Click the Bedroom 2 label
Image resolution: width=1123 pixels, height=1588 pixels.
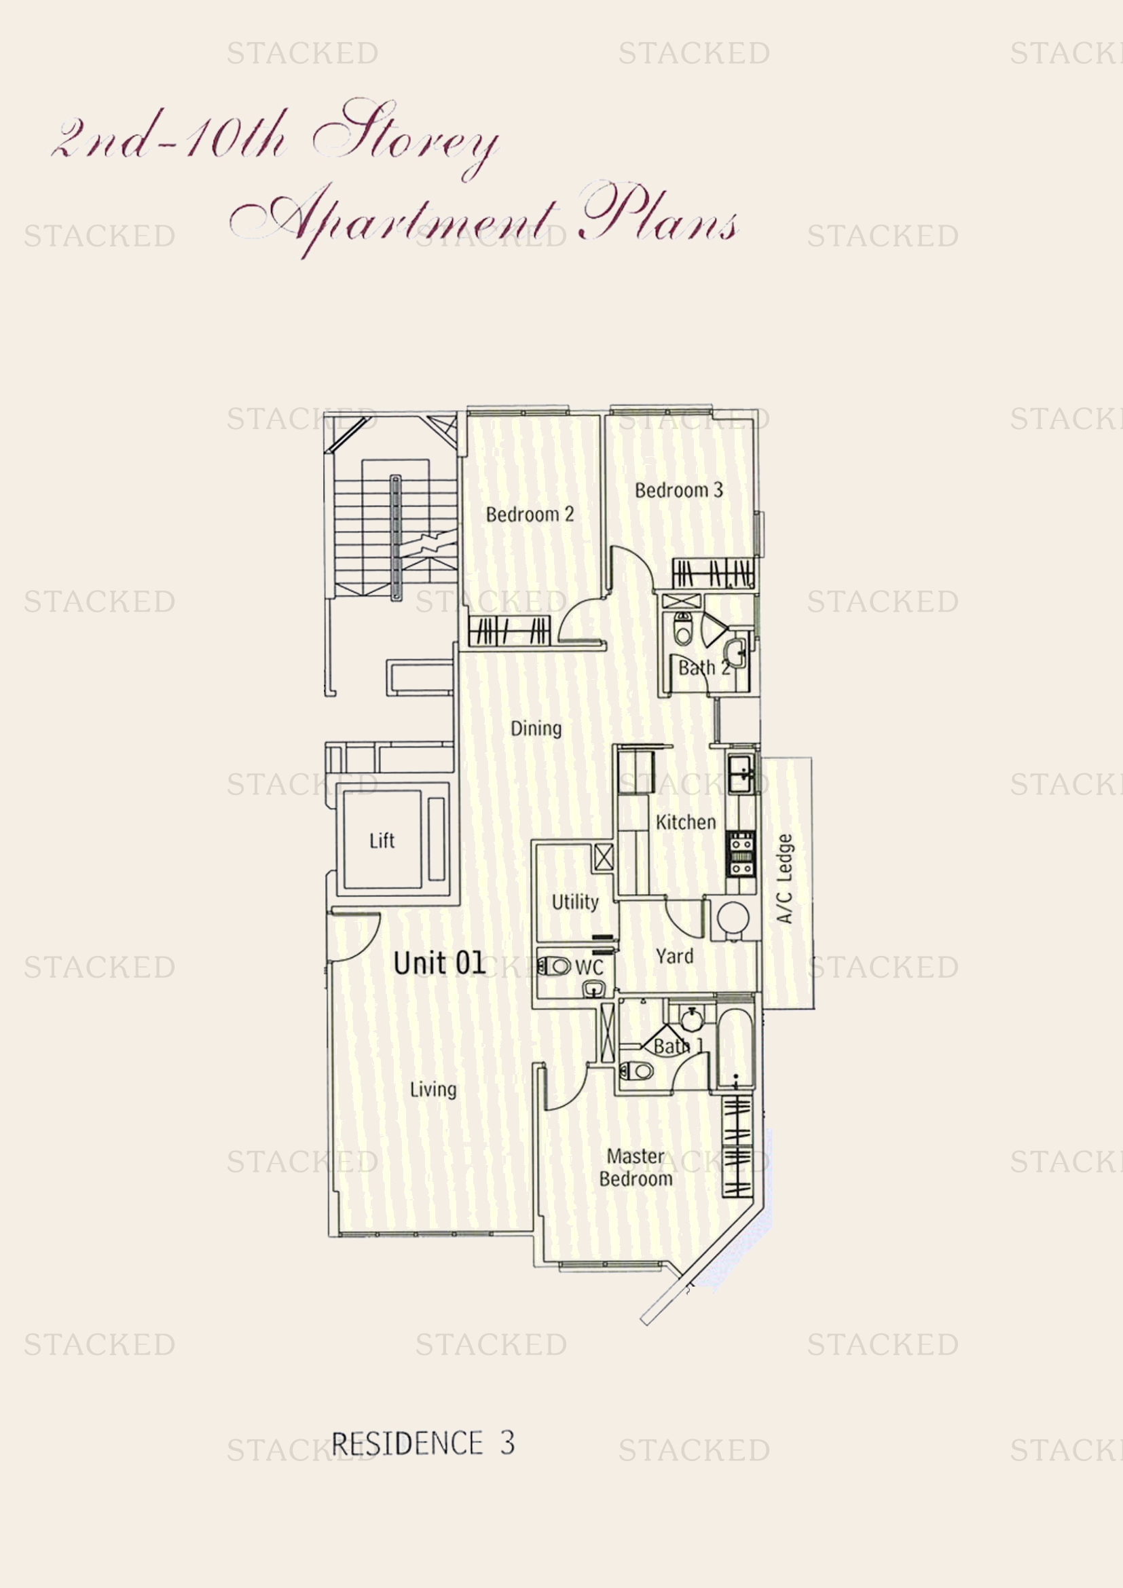click(x=530, y=515)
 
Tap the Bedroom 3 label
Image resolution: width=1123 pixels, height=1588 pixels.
click(x=678, y=490)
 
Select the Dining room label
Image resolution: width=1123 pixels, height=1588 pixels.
click(x=536, y=728)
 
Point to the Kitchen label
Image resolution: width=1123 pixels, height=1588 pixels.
click(x=685, y=822)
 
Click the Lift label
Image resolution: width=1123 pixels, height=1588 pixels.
click(x=382, y=841)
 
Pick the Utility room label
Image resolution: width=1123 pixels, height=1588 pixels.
click(x=574, y=902)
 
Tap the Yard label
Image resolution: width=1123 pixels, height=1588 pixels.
click(x=674, y=956)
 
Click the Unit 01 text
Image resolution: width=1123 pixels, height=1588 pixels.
click(x=439, y=963)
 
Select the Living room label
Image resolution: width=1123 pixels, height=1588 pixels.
click(x=433, y=1090)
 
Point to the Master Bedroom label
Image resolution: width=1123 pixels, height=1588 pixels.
click(x=636, y=1168)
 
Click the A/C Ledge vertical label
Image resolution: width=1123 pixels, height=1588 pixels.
click(x=785, y=879)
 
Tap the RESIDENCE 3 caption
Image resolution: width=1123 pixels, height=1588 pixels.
click(x=423, y=1443)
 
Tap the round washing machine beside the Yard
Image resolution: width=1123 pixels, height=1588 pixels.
click(x=733, y=919)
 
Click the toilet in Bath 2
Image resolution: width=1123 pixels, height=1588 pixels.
click(x=683, y=629)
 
